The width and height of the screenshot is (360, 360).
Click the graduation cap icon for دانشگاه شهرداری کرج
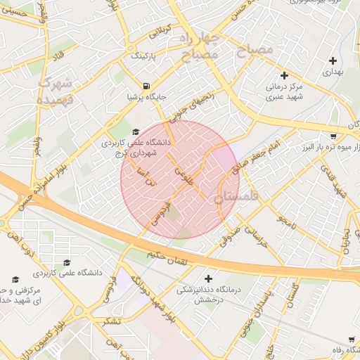tap(136, 131)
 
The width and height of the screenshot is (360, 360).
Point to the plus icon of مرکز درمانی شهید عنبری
tap(284, 75)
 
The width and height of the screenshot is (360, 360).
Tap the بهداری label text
tap(332, 72)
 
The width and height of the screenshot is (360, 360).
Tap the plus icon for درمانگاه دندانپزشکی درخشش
tap(208, 278)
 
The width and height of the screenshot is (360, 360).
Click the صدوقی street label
tap(234, 235)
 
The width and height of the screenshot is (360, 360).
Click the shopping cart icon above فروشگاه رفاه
tap(351, 340)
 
